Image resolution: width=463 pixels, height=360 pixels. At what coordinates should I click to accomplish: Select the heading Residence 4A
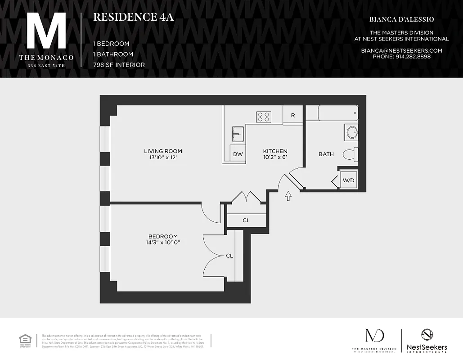point(133,18)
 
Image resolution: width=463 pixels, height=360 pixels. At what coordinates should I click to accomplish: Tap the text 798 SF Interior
point(119,65)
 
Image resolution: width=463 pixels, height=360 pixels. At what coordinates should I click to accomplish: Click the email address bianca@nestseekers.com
point(401,51)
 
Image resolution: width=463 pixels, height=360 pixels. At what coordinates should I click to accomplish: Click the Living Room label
point(163,151)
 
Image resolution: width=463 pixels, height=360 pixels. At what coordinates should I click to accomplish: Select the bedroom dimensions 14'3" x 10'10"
point(163,243)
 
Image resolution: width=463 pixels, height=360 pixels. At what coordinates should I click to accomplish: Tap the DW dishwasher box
point(238,154)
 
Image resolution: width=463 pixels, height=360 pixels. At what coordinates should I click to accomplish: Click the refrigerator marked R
point(293,115)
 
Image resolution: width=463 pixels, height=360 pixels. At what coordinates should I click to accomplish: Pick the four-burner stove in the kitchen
point(264,117)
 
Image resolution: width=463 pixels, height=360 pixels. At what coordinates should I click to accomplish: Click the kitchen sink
point(238,134)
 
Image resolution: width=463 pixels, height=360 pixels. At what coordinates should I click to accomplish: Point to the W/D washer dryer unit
point(349,181)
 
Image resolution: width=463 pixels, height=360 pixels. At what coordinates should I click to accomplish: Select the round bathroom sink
point(352,132)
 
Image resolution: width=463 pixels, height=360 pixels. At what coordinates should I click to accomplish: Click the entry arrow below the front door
point(288,196)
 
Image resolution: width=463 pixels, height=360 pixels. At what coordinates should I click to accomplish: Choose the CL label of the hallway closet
point(246,220)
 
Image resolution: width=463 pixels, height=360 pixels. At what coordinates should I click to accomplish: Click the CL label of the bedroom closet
point(229,256)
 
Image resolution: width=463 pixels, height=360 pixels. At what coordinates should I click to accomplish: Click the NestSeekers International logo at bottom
point(426,341)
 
